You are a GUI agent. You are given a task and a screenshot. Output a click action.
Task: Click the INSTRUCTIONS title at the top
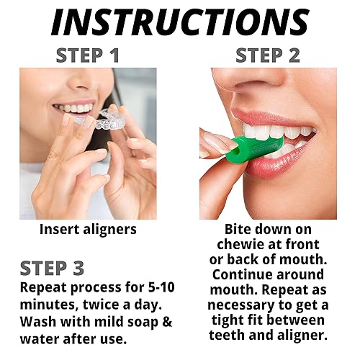click(180, 23)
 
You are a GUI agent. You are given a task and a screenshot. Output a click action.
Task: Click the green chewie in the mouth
click(245, 148)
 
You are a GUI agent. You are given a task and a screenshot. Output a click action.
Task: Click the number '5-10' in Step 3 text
click(156, 287)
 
